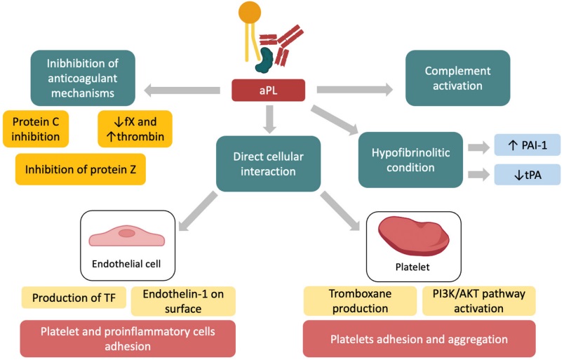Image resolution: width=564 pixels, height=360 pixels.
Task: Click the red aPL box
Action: [x=269, y=91]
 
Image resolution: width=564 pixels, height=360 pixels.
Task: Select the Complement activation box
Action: [x=453, y=79]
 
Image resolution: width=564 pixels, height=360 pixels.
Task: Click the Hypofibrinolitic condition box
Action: [x=410, y=160]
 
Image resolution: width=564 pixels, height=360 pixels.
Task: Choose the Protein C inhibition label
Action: [x=36, y=129]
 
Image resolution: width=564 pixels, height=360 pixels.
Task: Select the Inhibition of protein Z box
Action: [x=80, y=169]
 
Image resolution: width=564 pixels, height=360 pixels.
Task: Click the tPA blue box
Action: [x=527, y=174]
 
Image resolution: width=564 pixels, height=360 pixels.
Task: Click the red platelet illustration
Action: [x=414, y=234]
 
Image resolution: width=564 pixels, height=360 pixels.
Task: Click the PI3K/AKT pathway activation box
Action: [x=469, y=300]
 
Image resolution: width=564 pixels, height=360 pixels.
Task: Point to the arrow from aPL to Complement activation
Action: [x=354, y=89]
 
